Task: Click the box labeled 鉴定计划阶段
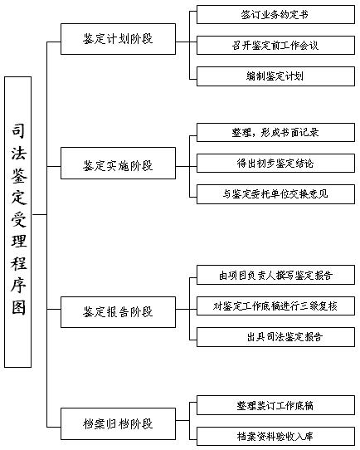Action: pos(118,39)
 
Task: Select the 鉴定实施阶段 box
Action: pos(118,164)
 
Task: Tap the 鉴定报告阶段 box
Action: pos(118,312)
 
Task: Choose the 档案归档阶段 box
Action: pos(118,423)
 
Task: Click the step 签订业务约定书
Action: pos(275,15)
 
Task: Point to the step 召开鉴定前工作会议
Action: pos(275,45)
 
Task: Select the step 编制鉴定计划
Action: pos(275,76)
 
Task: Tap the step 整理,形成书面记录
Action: pos(275,132)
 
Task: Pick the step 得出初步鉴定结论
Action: pos(275,163)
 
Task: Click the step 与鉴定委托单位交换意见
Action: pos(275,194)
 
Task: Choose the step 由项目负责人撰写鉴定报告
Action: pos(275,275)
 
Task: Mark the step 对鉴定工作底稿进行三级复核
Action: pos(275,306)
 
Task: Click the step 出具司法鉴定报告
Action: pos(275,337)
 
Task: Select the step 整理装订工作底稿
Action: pos(275,405)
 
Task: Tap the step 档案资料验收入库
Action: pos(275,436)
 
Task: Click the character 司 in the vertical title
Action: pos(18,131)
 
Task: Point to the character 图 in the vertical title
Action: pos(18,307)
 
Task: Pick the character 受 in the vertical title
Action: pos(18,219)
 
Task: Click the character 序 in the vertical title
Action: pos(18,286)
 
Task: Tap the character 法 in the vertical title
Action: pos(18,153)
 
